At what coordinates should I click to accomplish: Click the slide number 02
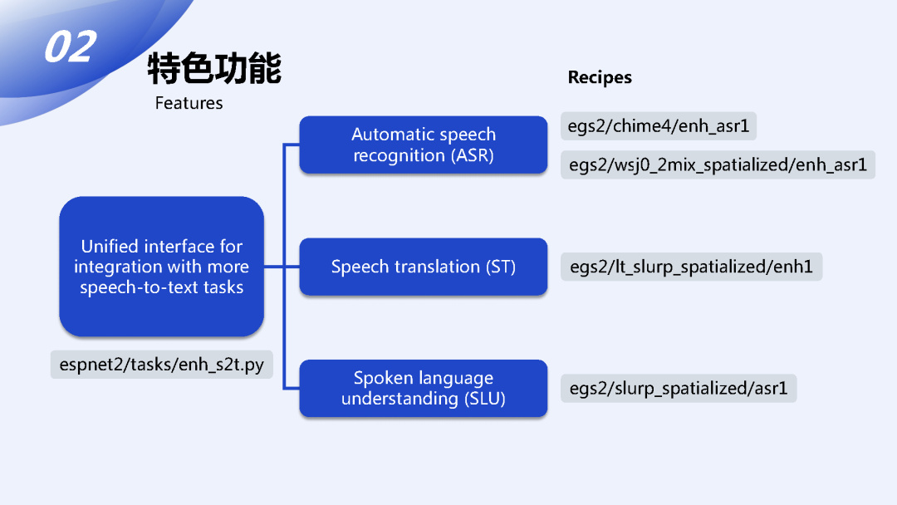(x=70, y=47)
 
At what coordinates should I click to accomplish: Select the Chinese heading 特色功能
(x=214, y=68)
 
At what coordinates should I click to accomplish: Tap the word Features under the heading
(x=189, y=103)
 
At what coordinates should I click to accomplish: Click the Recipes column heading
(x=600, y=77)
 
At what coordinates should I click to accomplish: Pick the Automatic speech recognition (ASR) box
(x=423, y=145)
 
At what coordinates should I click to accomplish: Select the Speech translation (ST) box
(x=423, y=267)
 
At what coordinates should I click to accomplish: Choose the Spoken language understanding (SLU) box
(x=423, y=388)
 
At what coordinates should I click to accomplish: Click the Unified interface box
(x=161, y=267)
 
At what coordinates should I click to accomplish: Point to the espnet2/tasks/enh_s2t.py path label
(x=161, y=364)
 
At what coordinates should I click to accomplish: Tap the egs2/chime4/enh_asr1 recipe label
(x=659, y=126)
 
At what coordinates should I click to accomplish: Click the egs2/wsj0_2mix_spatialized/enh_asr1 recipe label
(x=718, y=164)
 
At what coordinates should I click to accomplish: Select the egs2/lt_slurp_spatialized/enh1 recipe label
(x=691, y=267)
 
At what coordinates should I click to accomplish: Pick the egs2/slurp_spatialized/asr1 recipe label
(x=679, y=388)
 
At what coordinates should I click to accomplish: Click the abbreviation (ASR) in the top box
(x=473, y=155)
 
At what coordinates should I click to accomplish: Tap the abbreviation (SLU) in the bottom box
(x=484, y=399)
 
